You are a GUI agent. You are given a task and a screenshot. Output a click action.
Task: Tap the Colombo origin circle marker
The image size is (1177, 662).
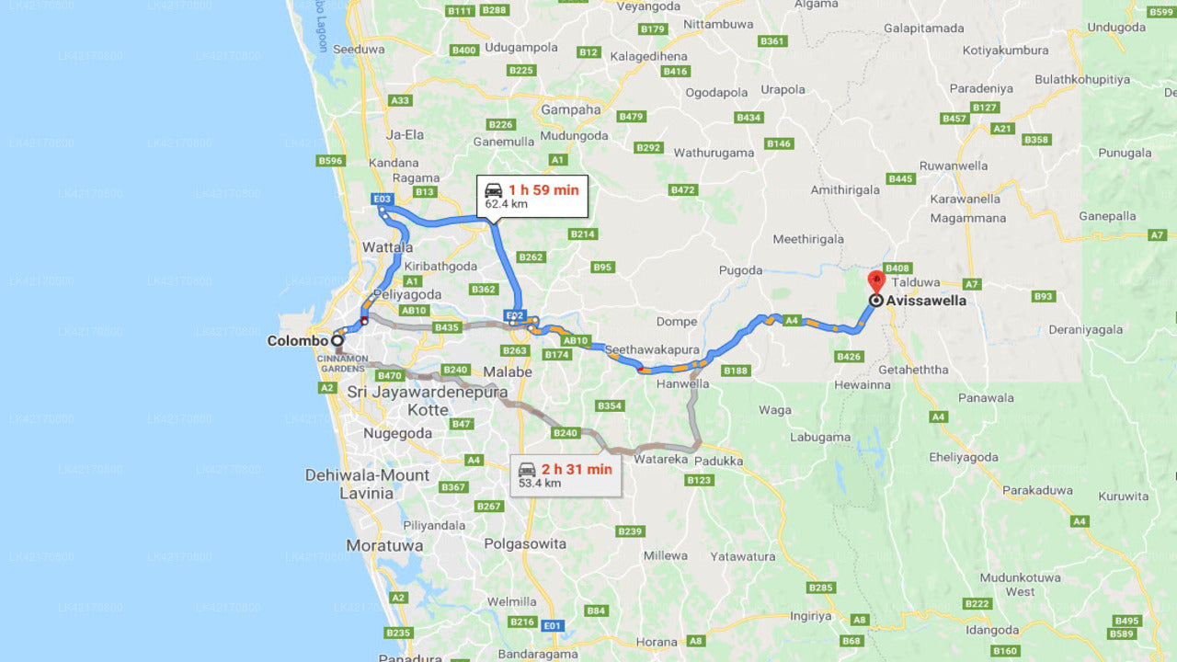[337, 340]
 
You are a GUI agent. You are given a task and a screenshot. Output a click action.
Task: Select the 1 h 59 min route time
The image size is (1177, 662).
[543, 190]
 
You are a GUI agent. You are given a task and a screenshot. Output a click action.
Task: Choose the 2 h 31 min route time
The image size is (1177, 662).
[577, 469]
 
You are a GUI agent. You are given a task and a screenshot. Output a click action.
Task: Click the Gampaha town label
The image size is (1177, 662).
[570, 110]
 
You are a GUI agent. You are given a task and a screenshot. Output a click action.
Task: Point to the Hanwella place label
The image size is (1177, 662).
[682, 383]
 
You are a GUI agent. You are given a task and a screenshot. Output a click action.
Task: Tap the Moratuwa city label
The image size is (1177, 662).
[384, 545]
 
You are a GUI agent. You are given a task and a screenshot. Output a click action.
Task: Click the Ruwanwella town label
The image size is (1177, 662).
[954, 165]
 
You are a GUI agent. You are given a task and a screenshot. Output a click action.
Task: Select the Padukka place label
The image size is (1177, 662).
[719, 460]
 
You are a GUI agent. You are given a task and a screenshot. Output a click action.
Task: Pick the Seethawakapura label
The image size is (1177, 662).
[652, 350]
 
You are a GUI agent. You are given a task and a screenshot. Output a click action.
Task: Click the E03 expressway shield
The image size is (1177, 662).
[382, 199]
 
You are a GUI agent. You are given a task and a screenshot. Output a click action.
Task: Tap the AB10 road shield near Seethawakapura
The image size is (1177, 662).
[575, 340]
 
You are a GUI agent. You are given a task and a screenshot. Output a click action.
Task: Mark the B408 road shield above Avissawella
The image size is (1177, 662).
[897, 268]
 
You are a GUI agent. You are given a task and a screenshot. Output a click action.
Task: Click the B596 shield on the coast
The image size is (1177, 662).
[329, 161]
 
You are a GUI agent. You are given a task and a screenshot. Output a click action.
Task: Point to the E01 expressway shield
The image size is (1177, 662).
[552, 626]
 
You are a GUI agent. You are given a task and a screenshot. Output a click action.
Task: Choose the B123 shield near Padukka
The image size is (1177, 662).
[699, 480]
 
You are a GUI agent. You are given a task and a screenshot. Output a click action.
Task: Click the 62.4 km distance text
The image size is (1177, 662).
[508, 204]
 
